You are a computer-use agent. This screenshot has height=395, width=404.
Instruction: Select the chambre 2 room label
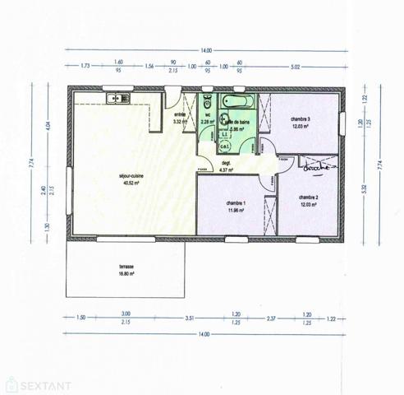coord(309,197)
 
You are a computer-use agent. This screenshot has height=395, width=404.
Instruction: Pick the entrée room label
coord(180,115)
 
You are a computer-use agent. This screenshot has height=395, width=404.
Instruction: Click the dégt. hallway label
coord(226,164)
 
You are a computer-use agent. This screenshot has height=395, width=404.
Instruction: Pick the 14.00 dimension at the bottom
coord(203,334)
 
